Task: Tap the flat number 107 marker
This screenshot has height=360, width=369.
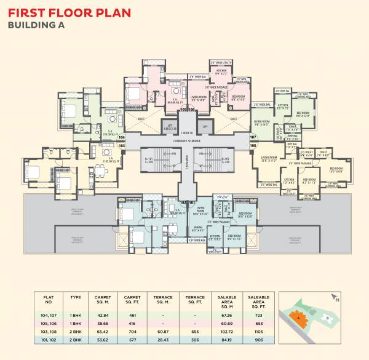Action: pyautogui.click(x=253, y=137)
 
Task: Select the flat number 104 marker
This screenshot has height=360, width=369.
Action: pyautogui.click(x=121, y=138)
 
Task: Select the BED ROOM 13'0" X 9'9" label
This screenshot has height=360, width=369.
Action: pyautogui.click(x=336, y=170)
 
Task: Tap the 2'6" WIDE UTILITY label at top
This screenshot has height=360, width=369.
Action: pyautogui.click(x=220, y=63)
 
